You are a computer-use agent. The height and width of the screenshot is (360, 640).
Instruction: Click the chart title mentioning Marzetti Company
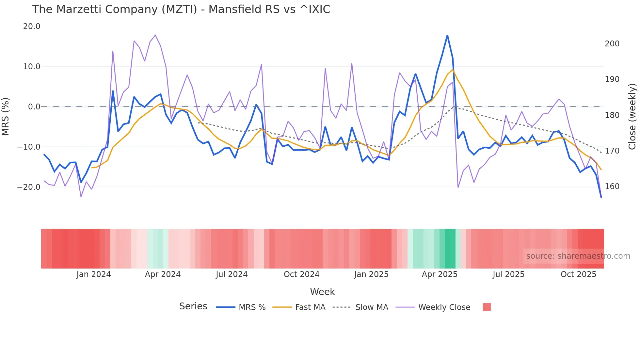pyautogui.click(x=181, y=9)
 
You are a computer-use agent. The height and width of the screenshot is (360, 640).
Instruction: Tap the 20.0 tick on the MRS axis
pyautogui.click(x=32, y=26)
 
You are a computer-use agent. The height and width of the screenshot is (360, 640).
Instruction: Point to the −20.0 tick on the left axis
pyautogui.click(x=29, y=187)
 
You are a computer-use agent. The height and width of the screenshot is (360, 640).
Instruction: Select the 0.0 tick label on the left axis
pyautogui.click(x=34, y=107)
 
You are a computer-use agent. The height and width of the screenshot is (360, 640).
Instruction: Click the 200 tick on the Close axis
pyautogui.click(x=612, y=44)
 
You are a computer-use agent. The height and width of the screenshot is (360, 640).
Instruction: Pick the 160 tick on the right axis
pyautogui.click(x=612, y=187)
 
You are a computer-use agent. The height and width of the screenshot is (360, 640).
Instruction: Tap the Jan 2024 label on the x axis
pyautogui.click(x=94, y=274)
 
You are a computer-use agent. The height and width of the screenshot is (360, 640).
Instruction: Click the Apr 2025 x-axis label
pyautogui.click(x=440, y=274)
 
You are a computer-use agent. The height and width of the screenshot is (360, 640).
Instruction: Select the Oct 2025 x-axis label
pyautogui.click(x=578, y=274)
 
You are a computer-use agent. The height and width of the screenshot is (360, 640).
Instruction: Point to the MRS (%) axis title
pyautogui.click(x=6, y=117)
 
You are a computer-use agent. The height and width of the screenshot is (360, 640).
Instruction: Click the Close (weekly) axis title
pyautogui.click(x=632, y=117)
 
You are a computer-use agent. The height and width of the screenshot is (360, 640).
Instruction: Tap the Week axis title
pyautogui.click(x=322, y=292)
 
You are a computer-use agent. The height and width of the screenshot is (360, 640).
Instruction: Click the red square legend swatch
pyautogui.click(x=487, y=307)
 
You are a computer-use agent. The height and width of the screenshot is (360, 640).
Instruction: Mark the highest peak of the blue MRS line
pyautogui.click(x=447, y=35)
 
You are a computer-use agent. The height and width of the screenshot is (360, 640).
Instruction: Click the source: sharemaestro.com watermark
pyautogui.click(x=578, y=256)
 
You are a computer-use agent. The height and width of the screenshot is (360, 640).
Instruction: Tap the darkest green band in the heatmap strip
pyautogui.click(x=450, y=249)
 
